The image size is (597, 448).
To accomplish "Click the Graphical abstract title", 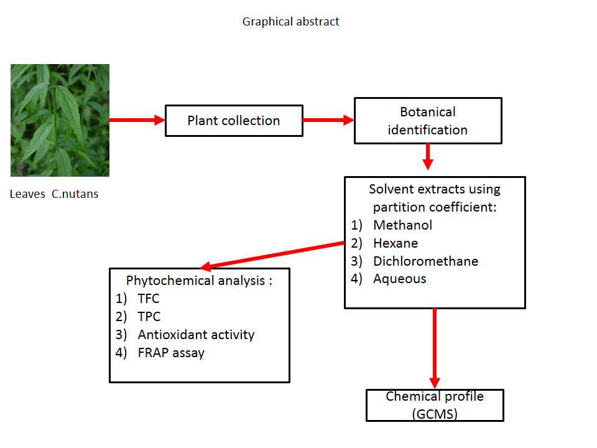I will [290, 22].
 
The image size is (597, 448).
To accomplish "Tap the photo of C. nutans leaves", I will [60, 120].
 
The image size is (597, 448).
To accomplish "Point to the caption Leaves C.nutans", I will [54, 194].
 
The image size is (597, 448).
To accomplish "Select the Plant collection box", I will [234, 121].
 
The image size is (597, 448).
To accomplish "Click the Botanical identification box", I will [428, 121].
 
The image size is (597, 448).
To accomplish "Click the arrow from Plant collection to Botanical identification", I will [328, 120].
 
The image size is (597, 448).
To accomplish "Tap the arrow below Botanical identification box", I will [427, 157].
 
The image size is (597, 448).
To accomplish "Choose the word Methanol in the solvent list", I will [402, 225].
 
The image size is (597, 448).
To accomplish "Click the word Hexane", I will [396, 243].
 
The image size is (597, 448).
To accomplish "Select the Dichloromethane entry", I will [425, 261].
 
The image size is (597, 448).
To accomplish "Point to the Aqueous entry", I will [399, 279].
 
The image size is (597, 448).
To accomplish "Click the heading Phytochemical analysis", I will [199, 281].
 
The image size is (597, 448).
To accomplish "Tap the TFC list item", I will [149, 299].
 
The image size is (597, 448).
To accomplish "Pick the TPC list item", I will [149, 317].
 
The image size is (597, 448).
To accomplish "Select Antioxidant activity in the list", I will [196, 335].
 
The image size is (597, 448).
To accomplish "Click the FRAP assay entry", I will [171, 353].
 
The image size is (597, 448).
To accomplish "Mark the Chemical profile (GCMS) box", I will [435, 405].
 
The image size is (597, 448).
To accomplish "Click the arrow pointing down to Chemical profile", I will [434, 348].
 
